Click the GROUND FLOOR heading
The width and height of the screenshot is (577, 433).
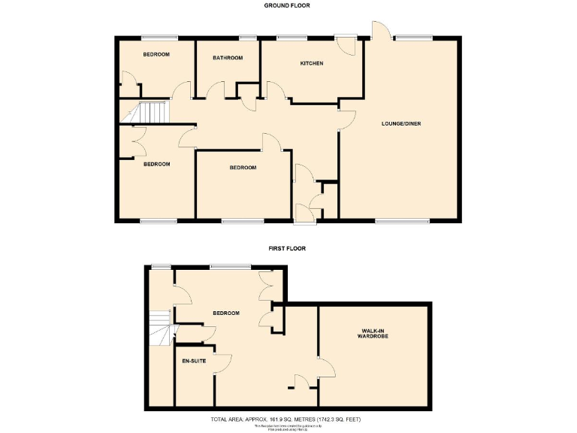pos(287,5)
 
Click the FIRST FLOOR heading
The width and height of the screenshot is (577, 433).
pos(287,247)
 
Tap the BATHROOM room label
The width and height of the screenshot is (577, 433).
pos(227,58)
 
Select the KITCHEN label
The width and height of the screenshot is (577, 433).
pos(312,63)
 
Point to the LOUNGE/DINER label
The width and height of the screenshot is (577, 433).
pos(400,123)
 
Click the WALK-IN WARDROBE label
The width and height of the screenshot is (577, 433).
pos(373,334)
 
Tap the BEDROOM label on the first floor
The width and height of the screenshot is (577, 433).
pos(225,313)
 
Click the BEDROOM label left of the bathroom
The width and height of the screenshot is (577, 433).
pos(156,54)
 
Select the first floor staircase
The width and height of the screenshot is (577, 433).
pos(161,329)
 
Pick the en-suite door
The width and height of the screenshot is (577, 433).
pos(222,364)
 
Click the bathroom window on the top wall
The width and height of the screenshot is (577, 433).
pos(247,38)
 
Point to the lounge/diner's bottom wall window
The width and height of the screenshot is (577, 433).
pos(402,221)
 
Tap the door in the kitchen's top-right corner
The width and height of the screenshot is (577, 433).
pos(346,44)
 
